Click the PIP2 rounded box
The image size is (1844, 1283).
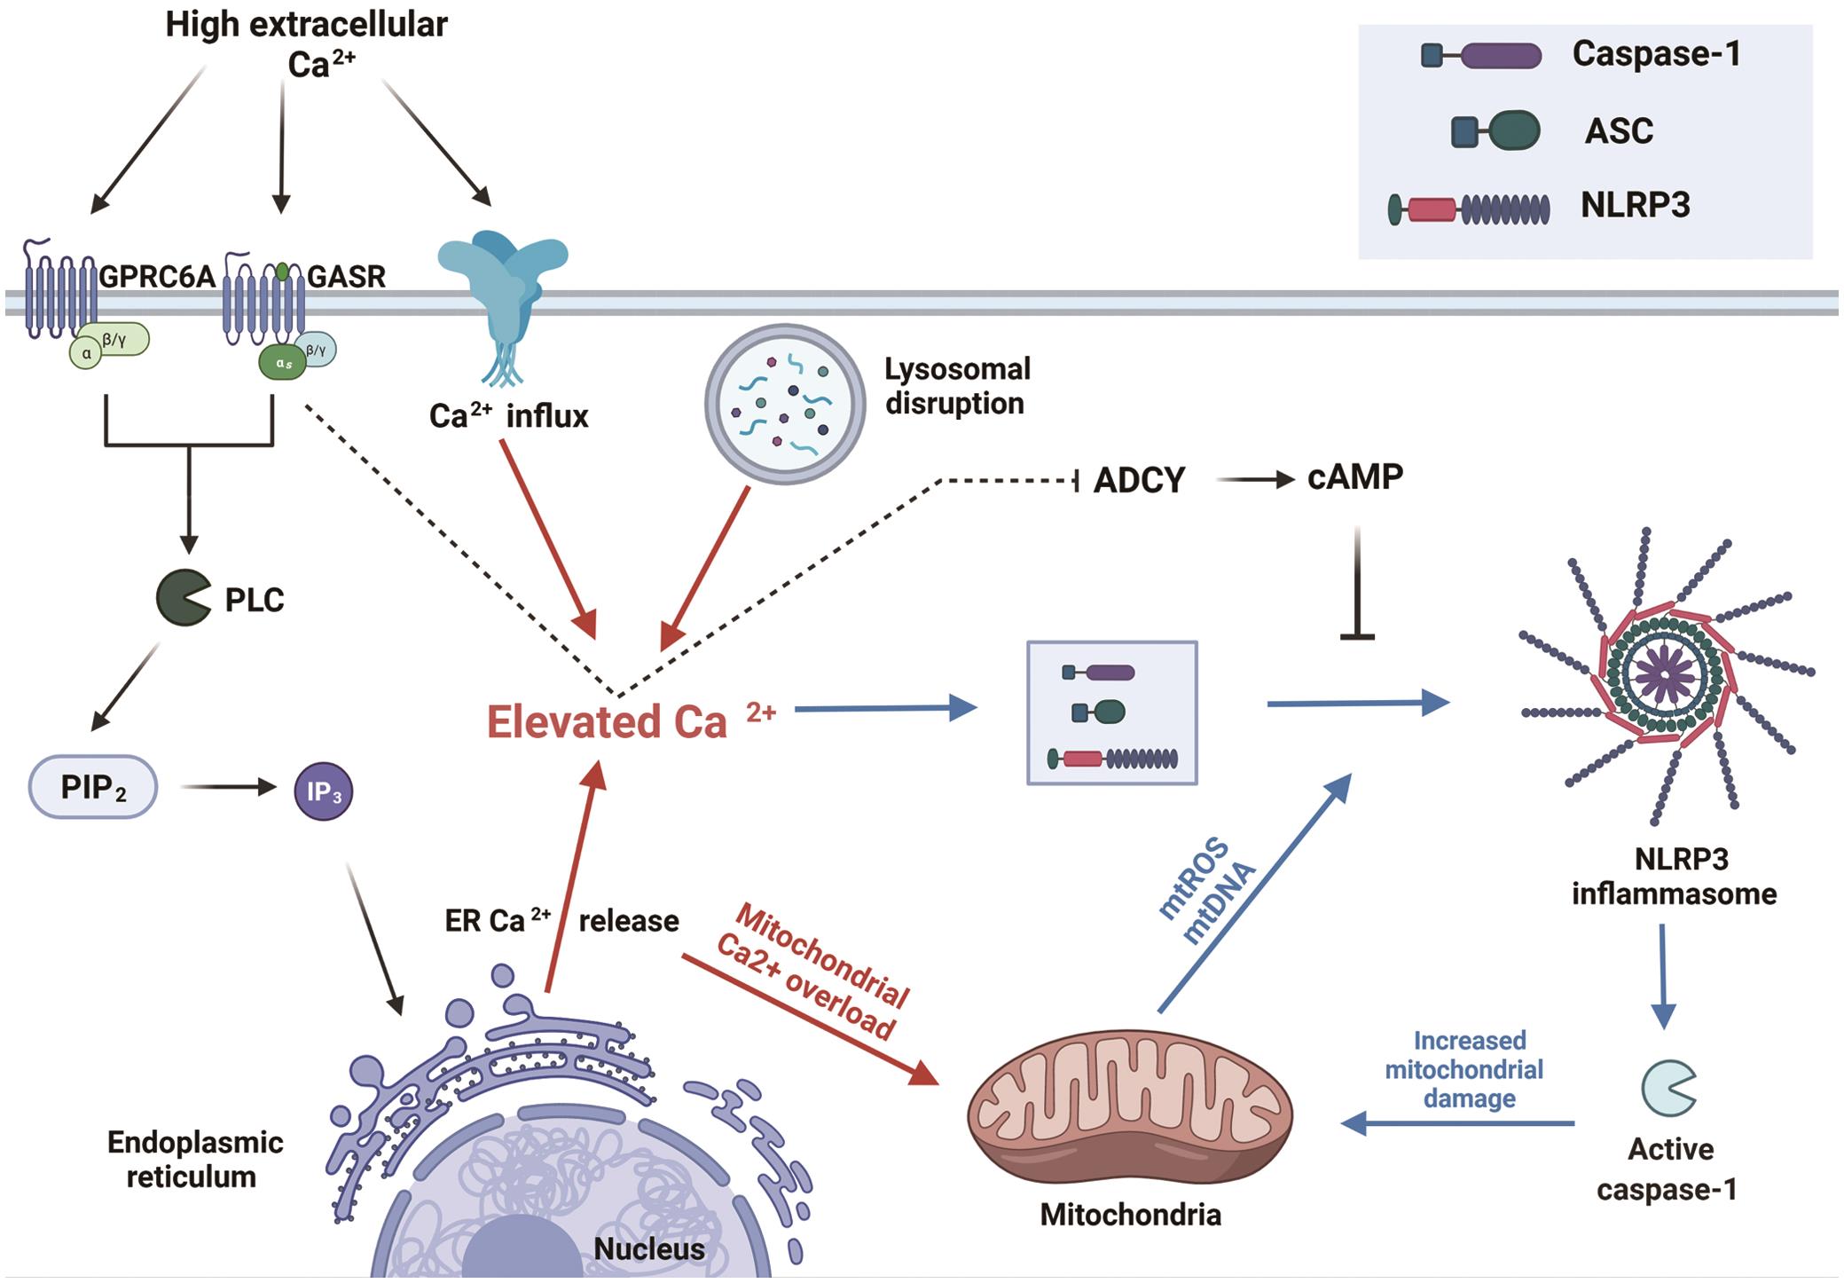click(93, 787)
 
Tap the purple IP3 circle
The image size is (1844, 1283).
click(323, 791)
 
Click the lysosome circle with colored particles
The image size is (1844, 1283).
click(784, 404)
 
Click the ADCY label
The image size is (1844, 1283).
click(1139, 480)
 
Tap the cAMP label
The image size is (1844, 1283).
click(1354, 477)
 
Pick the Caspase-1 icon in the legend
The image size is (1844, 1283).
click(1481, 56)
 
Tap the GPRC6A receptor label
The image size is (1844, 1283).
click(156, 277)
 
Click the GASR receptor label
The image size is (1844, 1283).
click(346, 277)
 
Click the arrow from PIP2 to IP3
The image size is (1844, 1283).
click(228, 786)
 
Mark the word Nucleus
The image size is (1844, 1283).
click(648, 1248)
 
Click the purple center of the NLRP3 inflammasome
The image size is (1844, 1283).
click(1665, 676)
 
